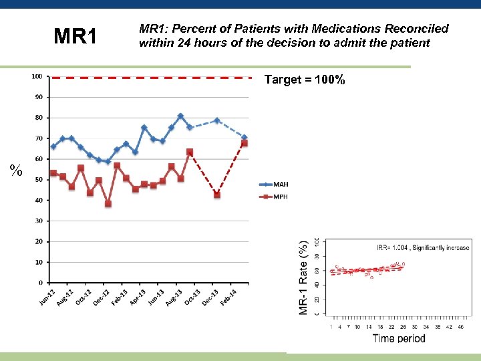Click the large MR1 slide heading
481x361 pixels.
pos(75,36)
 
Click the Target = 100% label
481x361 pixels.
pos(305,80)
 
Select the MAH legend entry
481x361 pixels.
pos(271,184)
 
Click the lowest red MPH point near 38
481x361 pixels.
pos(108,204)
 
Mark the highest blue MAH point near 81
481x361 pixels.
pos(180,116)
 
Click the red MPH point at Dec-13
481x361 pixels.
pos(216,195)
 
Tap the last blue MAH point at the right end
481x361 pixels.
pos(245,138)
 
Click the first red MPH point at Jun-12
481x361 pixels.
pos(53,173)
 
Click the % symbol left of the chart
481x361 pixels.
pos(17,171)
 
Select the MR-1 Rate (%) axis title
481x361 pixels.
pos(304,275)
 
